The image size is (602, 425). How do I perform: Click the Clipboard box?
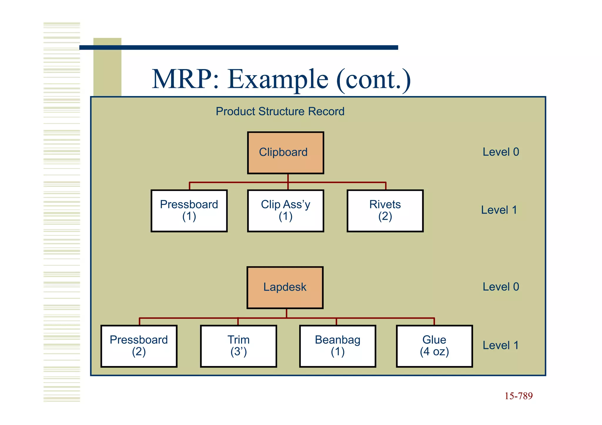pyautogui.click(x=285, y=153)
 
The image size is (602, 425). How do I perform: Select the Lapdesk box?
pyautogui.click(x=285, y=288)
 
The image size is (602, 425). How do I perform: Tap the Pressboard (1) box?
pyautogui.click(x=189, y=211)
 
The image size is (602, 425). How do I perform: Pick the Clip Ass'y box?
pyautogui.click(x=285, y=211)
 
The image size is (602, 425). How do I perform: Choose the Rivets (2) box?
pyautogui.click(x=385, y=211)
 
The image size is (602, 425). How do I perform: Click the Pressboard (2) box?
pyautogui.click(x=139, y=346)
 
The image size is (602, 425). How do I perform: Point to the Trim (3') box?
pyautogui.click(x=238, y=346)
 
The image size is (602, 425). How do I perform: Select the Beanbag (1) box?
pyautogui.click(x=337, y=346)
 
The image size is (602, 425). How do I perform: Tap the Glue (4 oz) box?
pyautogui.click(x=434, y=346)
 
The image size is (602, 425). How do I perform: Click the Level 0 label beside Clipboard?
pyautogui.click(x=501, y=152)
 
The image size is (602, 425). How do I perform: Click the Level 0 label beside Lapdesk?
pyautogui.click(x=501, y=287)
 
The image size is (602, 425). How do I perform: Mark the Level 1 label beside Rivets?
pyautogui.click(x=499, y=210)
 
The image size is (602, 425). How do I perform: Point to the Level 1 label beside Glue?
pyautogui.click(x=501, y=345)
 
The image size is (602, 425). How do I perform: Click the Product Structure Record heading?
pyautogui.click(x=280, y=112)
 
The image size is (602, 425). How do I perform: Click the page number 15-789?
pyautogui.click(x=519, y=396)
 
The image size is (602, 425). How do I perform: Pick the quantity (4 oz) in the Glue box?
pyautogui.click(x=434, y=352)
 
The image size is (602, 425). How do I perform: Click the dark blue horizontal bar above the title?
pyautogui.click(x=239, y=48)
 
